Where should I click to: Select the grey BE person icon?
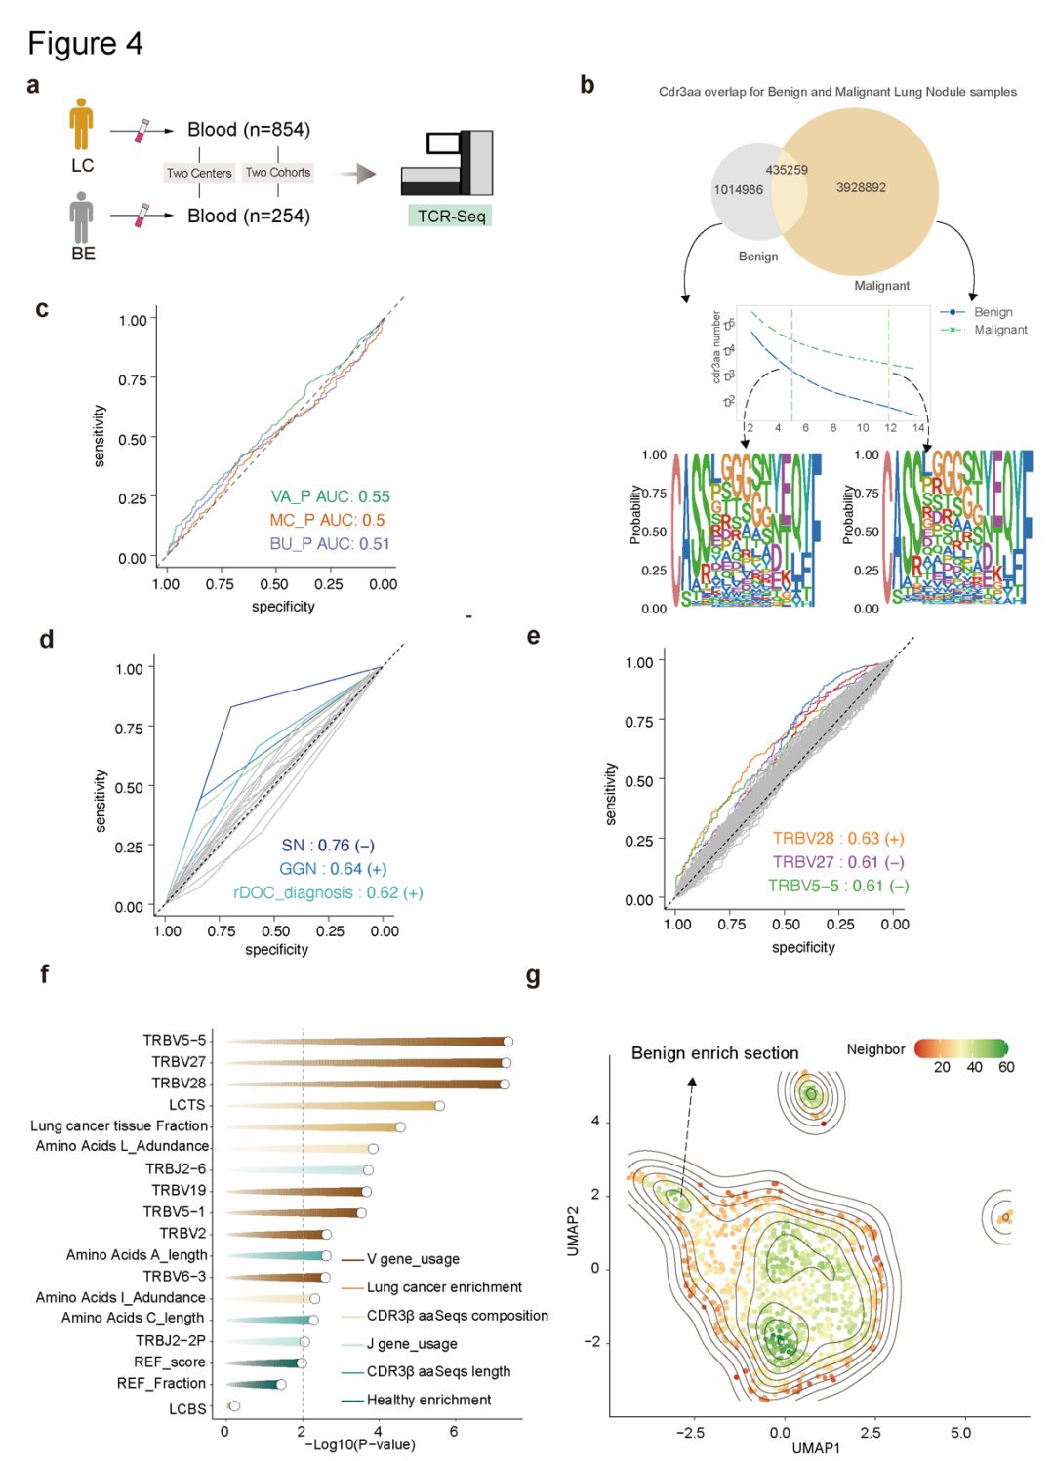(x=81, y=217)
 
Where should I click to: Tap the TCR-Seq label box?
(x=450, y=216)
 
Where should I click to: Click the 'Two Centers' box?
(x=199, y=173)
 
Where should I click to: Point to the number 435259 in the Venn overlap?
(x=787, y=170)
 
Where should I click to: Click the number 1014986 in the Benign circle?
(x=738, y=189)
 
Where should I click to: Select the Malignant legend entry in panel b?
(x=999, y=330)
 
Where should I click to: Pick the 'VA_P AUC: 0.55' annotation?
(x=330, y=496)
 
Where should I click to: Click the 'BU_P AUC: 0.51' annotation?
(x=329, y=543)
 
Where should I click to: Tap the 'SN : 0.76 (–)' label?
(x=328, y=846)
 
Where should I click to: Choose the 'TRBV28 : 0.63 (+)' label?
(x=838, y=838)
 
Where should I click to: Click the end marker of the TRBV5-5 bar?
(x=507, y=1042)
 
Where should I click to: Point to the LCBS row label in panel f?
(x=187, y=1408)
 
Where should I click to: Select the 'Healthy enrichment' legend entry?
(x=428, y=1400)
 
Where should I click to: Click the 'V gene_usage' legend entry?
(x=412, y=1259)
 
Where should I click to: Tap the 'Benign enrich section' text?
(x=714, y=1053)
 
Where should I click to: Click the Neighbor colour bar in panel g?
(x=960, y=1048)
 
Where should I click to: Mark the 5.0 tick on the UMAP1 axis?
(x=960, y=1433)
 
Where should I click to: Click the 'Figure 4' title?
(x=85, y=44)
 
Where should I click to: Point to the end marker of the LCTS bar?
(x=440, y=1105)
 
